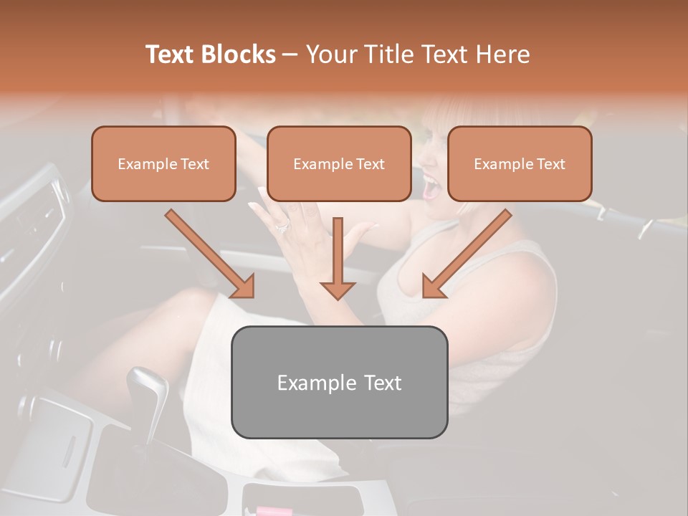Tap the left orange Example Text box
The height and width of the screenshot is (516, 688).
[163, 164]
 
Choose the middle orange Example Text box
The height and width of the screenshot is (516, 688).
[339, 164]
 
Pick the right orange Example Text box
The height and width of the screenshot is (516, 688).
[520, 164]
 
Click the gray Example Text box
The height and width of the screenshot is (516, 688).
[339, 383]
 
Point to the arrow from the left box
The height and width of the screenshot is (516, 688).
[211, 254]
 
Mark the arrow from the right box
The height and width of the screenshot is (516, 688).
[466, 254]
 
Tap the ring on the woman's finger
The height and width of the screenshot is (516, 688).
[282, 226]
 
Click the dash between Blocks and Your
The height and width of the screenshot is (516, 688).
[290, 54]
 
